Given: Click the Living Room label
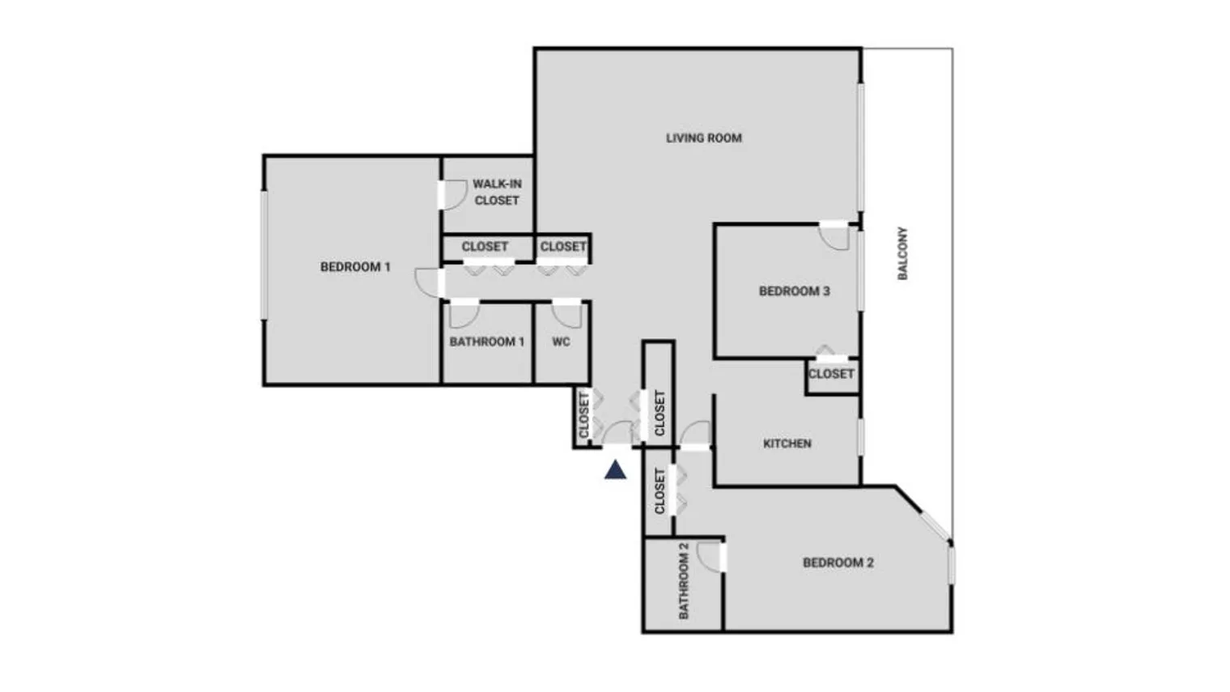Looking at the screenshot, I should [x=703, y=138].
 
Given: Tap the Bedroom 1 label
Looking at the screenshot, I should [x=355, y=267].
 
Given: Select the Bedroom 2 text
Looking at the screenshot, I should [x=838, y=563].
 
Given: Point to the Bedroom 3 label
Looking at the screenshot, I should [x=794, y=291].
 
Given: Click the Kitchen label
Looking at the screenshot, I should [x=787, y=444].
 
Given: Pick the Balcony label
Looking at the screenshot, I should [x=903, y=253].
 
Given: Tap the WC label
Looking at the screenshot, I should [x=561, y=342].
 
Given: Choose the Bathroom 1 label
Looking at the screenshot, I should [x=486, y=342].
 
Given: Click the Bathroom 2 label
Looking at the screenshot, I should [x=684, y=580].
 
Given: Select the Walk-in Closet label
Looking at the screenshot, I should [x=497, y=192].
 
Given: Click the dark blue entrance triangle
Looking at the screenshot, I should [x=615, y=469].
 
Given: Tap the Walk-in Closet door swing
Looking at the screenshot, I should [x=453, y=195].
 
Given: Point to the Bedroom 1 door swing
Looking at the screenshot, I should [x=426, y=282].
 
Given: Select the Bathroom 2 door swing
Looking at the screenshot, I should [x=710, y=557].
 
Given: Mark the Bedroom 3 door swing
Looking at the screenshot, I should [x=834, y=236].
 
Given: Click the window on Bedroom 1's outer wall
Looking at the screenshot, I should [x=263, y=254].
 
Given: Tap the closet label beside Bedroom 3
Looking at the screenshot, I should [x=831, y=374].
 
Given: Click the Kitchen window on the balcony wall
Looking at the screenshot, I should [x=860, y=437].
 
